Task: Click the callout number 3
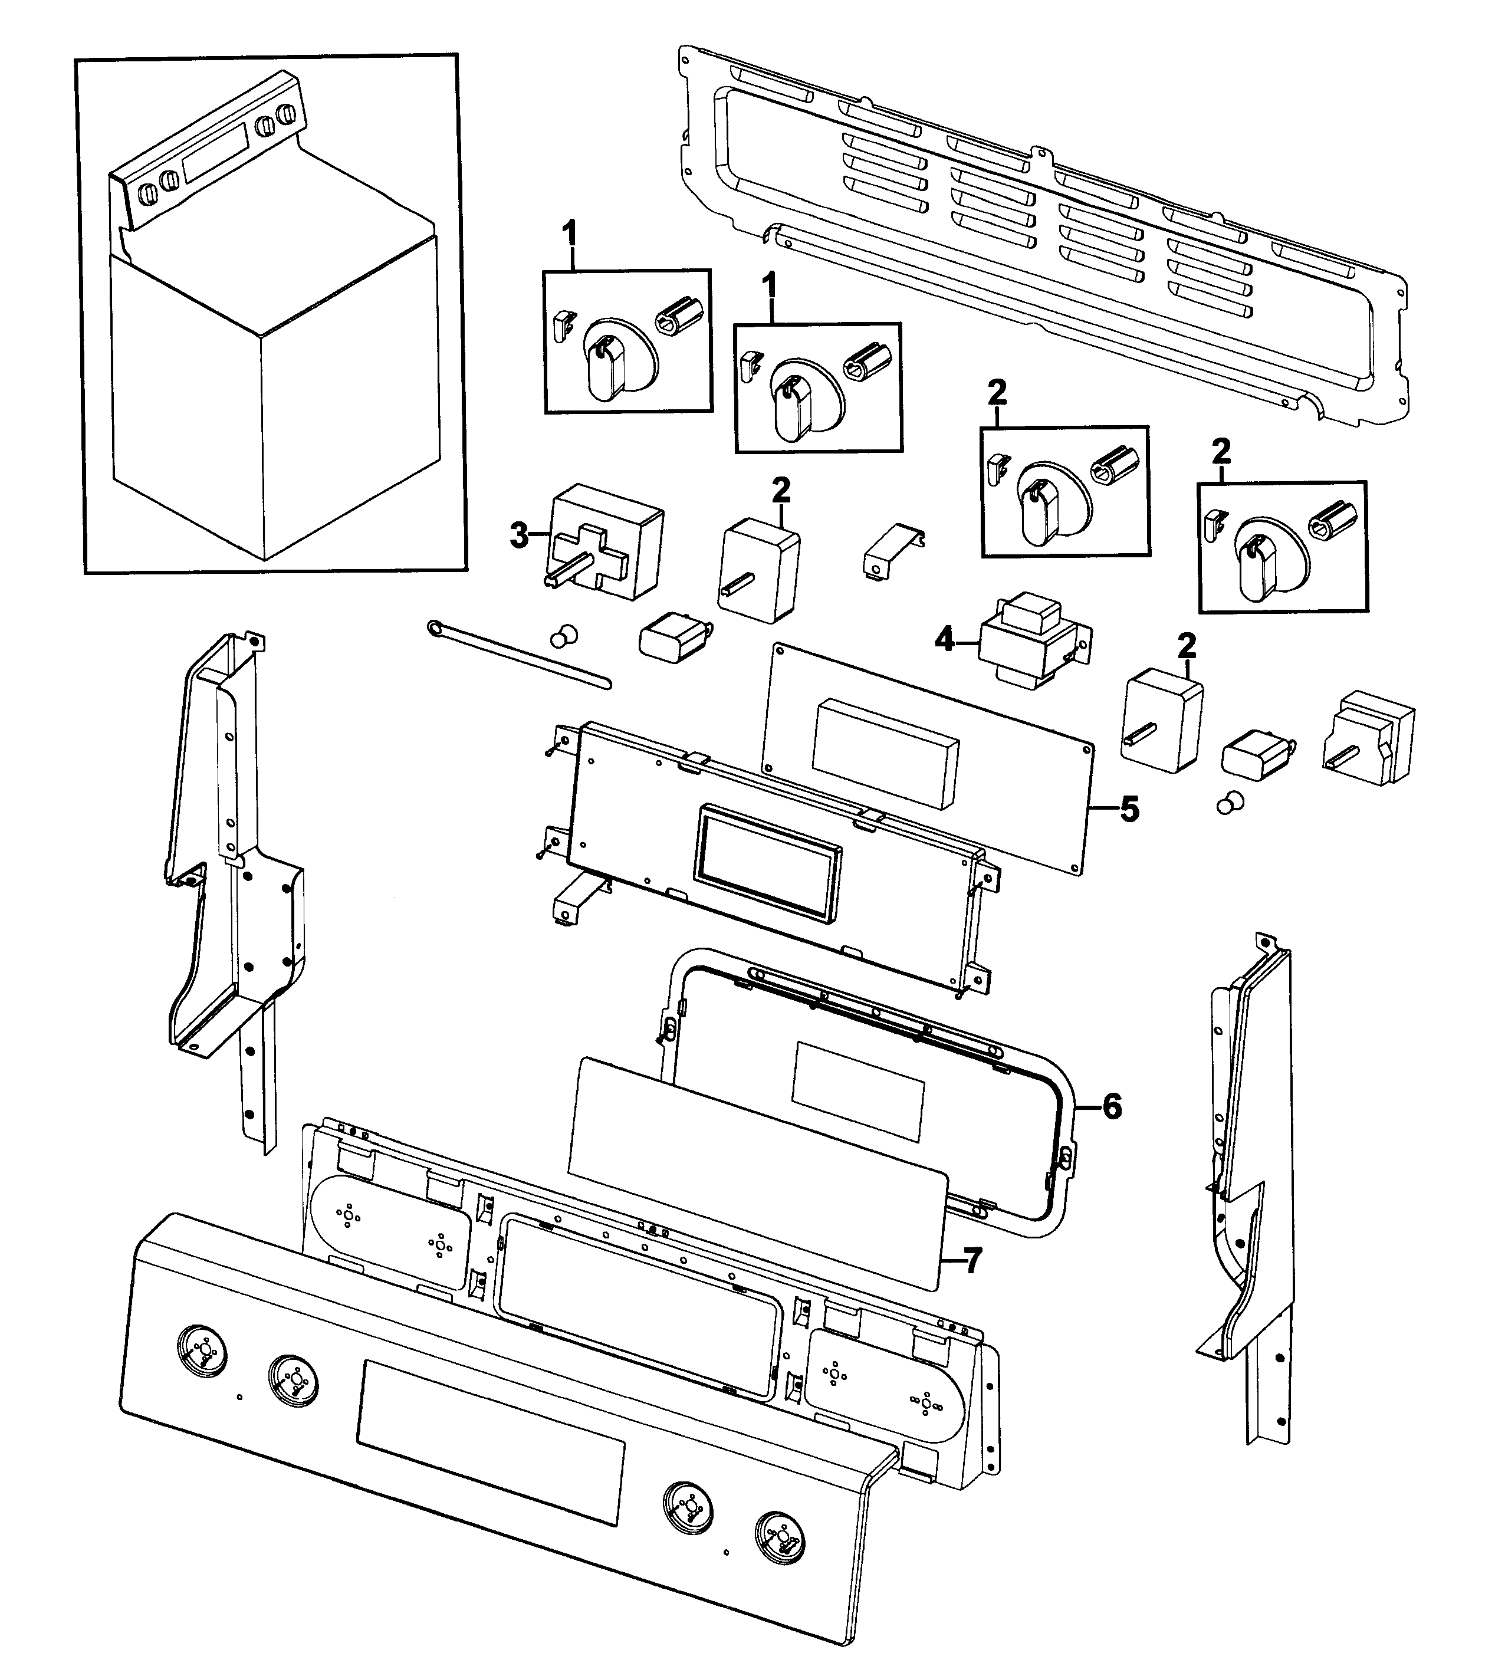click(x=518, y=535)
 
